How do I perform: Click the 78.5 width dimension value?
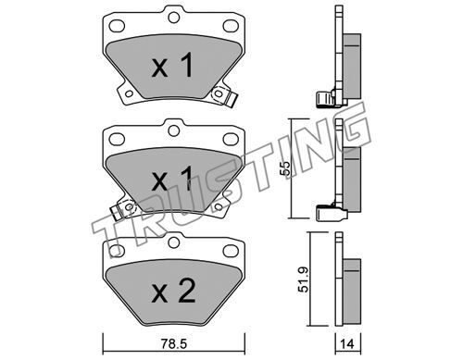pyautogui.click(x=174, y=344)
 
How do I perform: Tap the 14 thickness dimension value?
pyautogui.click(x=347, y=344)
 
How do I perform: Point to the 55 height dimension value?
pyautogui.click(x=285, y=168)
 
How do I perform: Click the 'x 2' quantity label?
pyautogui.click(x=173, y=291)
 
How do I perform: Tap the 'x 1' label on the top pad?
pyautogui.click(x=172, y=65)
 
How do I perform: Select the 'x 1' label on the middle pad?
pyautogui.click(x=172, y=179)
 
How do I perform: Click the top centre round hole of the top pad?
pyautogui.click(x=174, y=18)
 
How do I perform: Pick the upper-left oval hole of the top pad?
pyautogui.click(x=117, y=26)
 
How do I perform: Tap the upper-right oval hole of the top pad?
pyautogui.click(x=231, y=26)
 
